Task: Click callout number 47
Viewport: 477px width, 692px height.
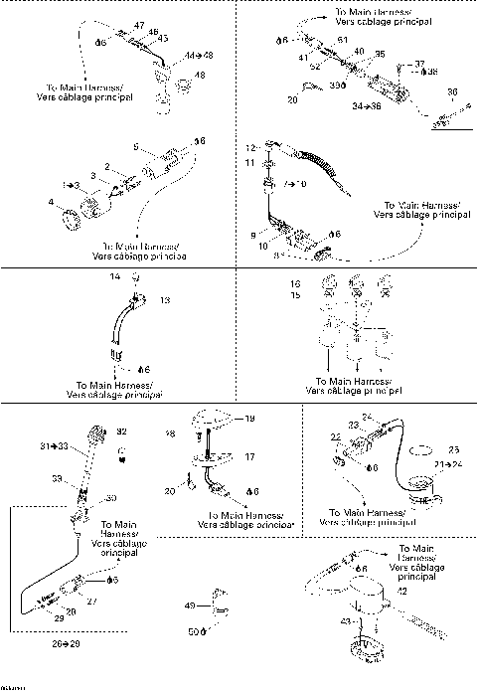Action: point(138,24)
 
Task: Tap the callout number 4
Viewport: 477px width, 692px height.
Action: point(51,203)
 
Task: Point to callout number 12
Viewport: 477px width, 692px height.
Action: point(252,146)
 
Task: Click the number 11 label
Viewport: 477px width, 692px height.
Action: point(251,162)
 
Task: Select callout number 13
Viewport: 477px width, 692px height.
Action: point(165,299)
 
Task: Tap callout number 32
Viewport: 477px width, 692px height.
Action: point(122,432)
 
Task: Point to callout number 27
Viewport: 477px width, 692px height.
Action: point(91,602)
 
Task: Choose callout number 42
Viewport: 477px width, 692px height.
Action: point(401,592)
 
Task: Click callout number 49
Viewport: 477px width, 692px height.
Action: point(191,605)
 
